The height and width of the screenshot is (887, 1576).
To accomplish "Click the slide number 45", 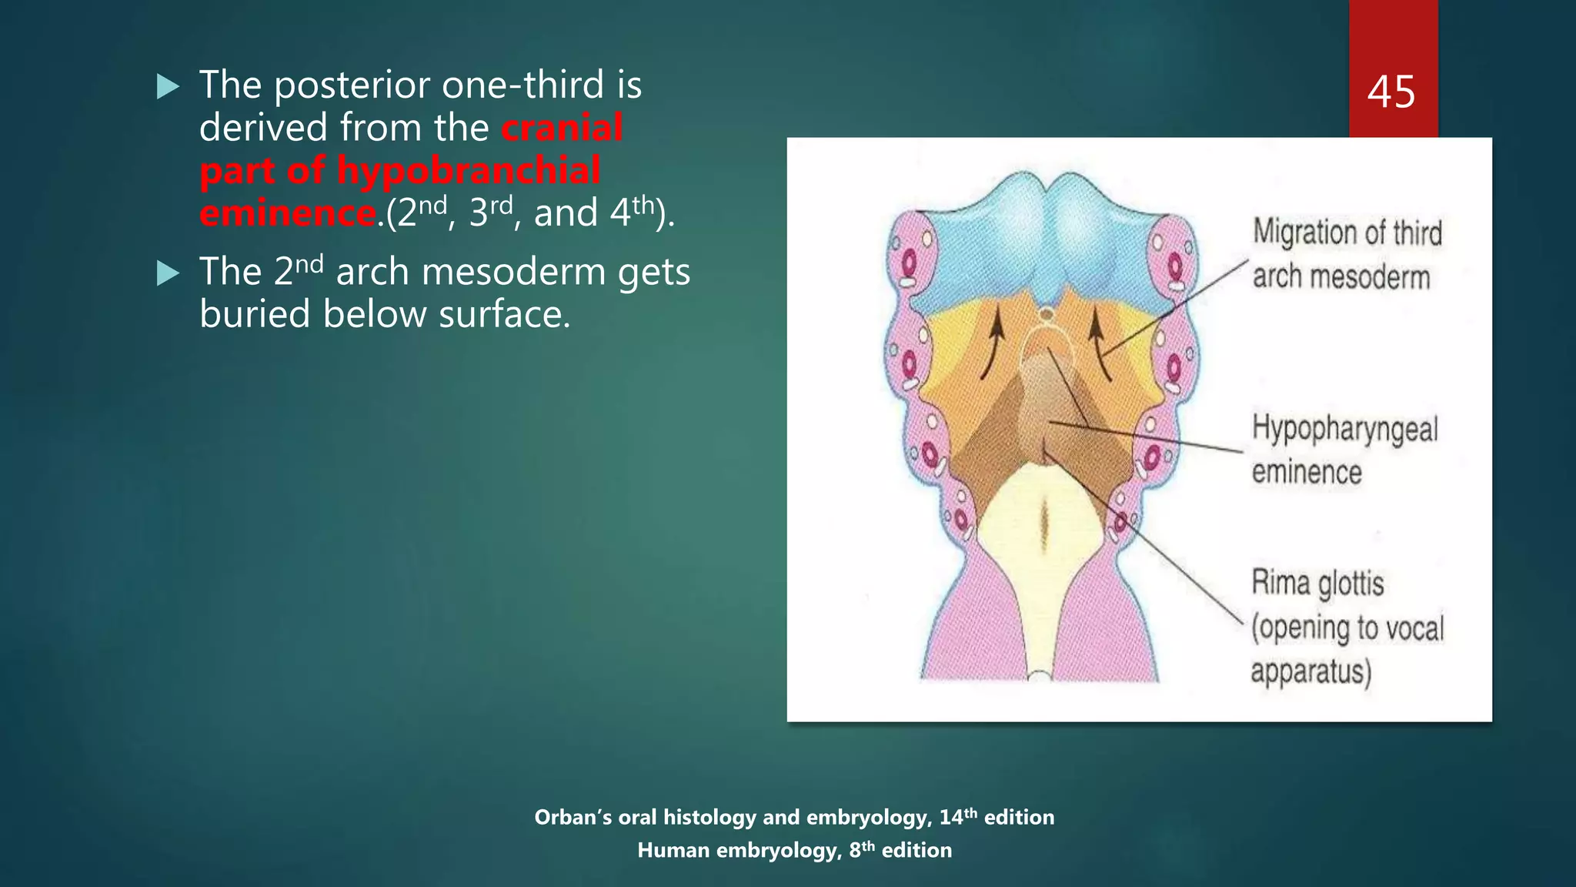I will pyautogui.click(x=1391, y=92).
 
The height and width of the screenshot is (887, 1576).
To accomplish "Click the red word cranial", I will pyautogui.click(x=562, y=128).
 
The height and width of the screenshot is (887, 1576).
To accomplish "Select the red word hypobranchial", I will pyautogui.click(x=469, y=171).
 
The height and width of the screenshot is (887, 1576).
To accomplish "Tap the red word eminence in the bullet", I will pyautogui.click(x=288, y=213).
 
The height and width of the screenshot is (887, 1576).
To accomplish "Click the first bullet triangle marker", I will pyautogui.click(x=167, y=86).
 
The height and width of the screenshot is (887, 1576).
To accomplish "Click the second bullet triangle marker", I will pyautogui.click(x=167, y=273).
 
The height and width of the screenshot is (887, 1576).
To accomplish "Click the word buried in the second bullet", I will pyautogui.click(x=254, y=315).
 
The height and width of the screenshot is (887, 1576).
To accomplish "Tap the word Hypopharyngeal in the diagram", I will pyautogui.click(x=1344, y=428).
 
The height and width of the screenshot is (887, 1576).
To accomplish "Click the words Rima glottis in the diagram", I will pyautogui.click(x=1317, y=583).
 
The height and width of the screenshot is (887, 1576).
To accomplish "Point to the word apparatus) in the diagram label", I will pyautogui.click(x=1311, y=671).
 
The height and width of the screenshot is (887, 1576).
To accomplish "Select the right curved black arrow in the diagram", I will pyautogui.click(x=1100, y=342).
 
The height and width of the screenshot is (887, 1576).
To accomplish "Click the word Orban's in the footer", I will pyautogui.click(x=571, y=818).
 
